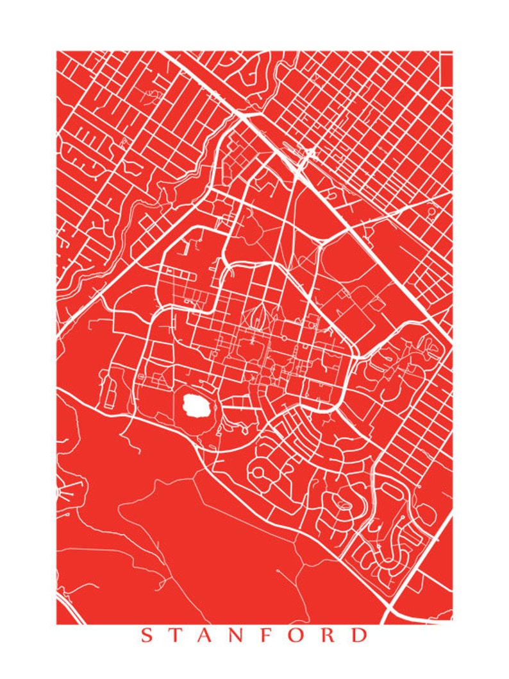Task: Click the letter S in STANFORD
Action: [x=146, y=636]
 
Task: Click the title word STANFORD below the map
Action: [x=254, y=636]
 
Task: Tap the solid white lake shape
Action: [x=196, y=405]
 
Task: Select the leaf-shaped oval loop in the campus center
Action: [x=262, y=316]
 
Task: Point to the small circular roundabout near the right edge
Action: [x=431, y=211]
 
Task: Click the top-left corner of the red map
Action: [x=57, y=52]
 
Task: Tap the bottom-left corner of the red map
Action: [x=57, y=623]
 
